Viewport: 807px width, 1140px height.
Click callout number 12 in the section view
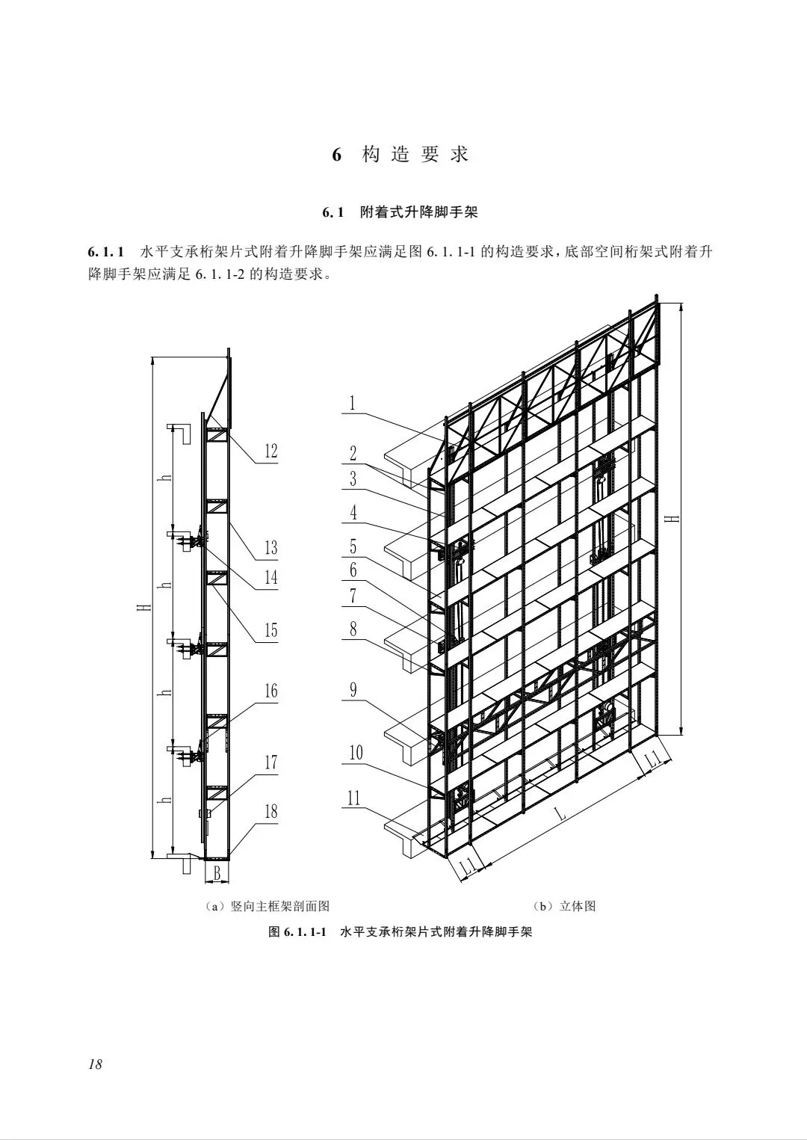click(x=270, y=451)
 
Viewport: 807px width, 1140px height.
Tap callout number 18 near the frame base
click(x=270, y=811)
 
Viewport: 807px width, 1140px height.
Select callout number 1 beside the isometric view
click(x=353, y=404)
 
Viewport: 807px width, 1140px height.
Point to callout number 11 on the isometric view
click(x=353, y=798)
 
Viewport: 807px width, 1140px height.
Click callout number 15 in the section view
click(x=270, y=630)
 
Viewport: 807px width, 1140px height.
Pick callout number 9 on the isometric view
click(x=353, y=688)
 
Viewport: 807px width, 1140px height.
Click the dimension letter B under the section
click(x=217, y=872)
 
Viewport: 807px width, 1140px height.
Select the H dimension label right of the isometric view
click(x=675, y=517)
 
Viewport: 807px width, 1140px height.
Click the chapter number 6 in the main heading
click(x=337, y=155)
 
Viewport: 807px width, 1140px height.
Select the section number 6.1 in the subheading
click(x=333, y=213)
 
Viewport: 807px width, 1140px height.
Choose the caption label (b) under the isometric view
click(x=542, y=906)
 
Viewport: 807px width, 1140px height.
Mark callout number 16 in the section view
click(x=270, y=690)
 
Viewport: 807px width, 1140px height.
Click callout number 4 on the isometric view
click(x=353, y=512)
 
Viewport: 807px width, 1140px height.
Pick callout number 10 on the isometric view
click(x=356, y=752)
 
